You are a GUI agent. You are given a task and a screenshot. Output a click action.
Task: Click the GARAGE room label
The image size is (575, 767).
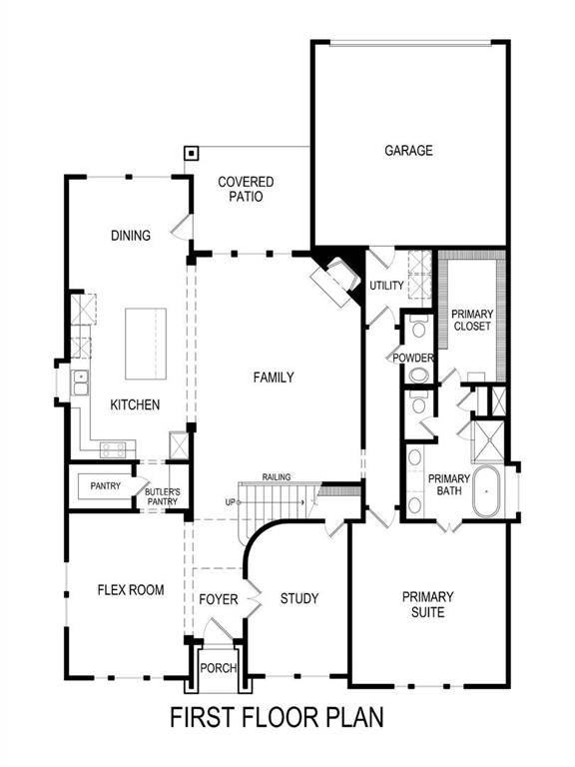click(x=409, y=151)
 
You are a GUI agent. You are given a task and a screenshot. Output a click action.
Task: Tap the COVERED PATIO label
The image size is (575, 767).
click(x=246, y=190)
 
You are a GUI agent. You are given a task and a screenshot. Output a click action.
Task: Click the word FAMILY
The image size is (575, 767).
click(x=273, y=378)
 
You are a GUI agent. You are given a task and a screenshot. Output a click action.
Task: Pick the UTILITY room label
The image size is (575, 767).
click(x=386, y=286)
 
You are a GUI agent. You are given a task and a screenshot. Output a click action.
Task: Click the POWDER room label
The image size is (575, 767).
click(x=412, y=357)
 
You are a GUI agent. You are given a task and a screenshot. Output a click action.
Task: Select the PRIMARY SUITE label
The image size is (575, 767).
click(x=427, y=604)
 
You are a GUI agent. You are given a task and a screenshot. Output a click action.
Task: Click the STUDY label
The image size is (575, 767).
click(x=298, y=598)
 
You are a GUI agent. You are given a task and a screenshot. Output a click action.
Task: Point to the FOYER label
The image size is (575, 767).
click(x=219, y=599)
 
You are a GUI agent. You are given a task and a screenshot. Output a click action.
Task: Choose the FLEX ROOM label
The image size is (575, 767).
click(x=130, y=589)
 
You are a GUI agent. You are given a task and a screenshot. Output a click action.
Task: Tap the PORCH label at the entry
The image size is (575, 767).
click(x=217, y=668)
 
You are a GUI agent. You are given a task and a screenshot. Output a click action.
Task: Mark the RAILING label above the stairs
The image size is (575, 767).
click(x=277, y=477)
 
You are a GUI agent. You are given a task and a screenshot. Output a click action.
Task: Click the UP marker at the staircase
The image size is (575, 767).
click(x=230, y=501)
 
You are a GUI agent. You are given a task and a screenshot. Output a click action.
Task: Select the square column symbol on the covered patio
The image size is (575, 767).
click(x=190, y=154)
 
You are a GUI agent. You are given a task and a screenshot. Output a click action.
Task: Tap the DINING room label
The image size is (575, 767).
click(x=130, y=236)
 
